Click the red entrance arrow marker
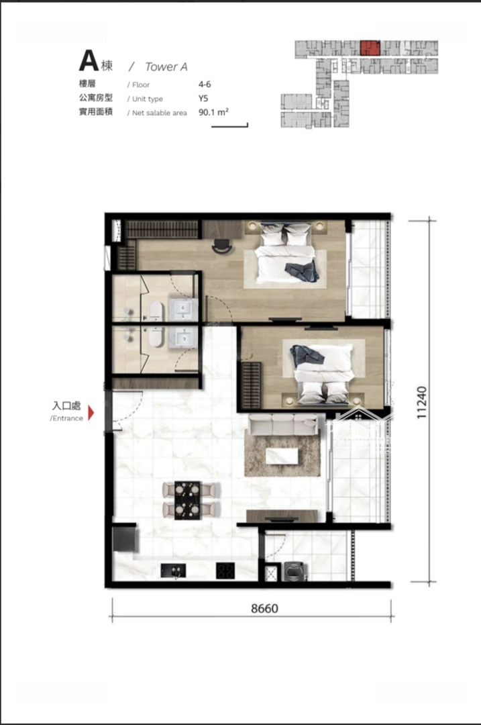pos(91,412)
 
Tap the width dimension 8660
pos(265,608)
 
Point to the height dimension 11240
pos(422,403)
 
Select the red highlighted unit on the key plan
pos(370,48)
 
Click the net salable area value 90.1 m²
pos(213,112)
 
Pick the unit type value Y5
pos(203,99)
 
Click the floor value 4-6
pos(205,85)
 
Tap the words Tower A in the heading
pos(166,67)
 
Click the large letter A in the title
pos(89,60)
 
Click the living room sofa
pos(283,424)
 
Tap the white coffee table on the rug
pos(281,455)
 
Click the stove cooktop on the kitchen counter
pos(225,571)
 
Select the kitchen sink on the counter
pos(173,571)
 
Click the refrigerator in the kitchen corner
pos(124,538)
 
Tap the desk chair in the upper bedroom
pos(222,246)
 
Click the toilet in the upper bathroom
pos(156,309)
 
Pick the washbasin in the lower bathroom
pos(184,337)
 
